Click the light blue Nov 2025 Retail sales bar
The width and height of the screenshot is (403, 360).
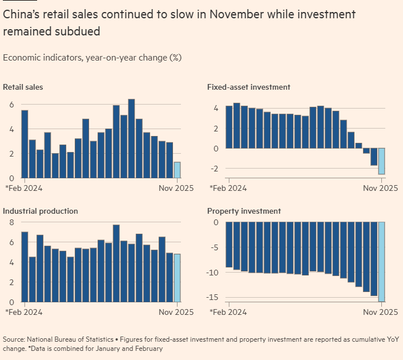[177, 170]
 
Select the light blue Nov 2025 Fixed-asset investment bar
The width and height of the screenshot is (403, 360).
[381, 161]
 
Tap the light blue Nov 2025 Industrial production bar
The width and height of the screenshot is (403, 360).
[177, 278]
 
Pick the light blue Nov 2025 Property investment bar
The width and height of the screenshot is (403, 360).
[381, 262]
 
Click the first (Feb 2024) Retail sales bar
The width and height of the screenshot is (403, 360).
[25, 144]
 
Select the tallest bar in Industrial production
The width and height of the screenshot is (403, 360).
[116, 263]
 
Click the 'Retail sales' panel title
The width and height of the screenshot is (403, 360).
[23, 87]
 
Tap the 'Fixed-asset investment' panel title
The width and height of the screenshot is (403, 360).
[249, 87]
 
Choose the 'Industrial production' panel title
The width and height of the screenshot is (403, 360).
[41, 211]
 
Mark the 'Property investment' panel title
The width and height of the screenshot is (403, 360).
[244, 211]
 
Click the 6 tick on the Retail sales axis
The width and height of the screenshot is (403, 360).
[10, 105]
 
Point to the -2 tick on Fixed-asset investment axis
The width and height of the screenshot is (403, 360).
[214, 169]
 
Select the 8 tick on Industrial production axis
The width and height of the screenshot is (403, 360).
[10, 222]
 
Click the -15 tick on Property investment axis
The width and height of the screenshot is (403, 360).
[212, 297]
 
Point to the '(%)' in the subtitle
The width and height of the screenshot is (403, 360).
[175, 58]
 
